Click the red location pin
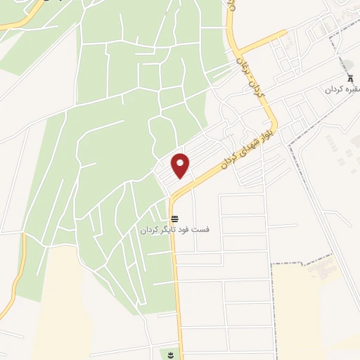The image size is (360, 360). pos(181,165)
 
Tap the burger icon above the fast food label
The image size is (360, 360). pos(174,219)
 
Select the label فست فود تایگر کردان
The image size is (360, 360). pos(173,230)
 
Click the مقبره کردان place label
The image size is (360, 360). pos(342,90)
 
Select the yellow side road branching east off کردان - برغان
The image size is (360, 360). pos(264,41)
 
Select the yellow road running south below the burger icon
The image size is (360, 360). pos(178,295)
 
